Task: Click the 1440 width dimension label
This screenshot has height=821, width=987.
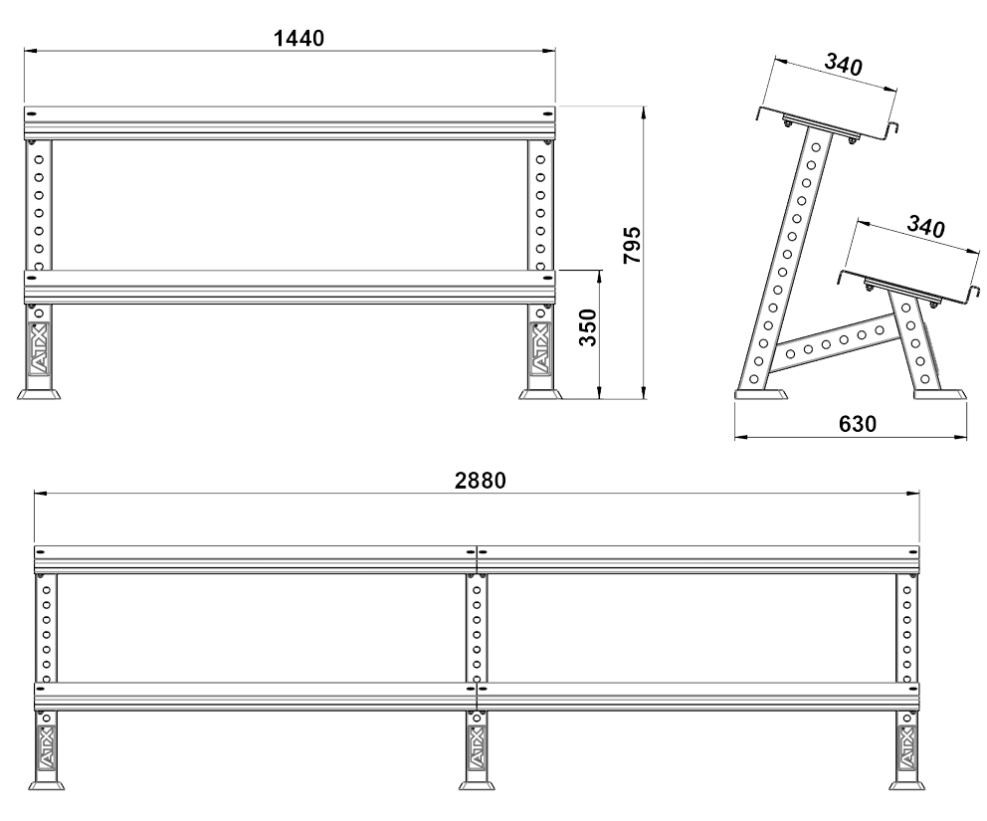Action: coord(299,39)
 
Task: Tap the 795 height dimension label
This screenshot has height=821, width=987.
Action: coord(632,246)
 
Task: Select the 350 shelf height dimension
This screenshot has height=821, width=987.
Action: coord(588,327)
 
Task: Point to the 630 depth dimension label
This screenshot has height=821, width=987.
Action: coord(858,424)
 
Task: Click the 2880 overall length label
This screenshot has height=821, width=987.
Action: coord(481,481)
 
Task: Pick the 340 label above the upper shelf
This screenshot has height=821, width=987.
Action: coord(843,65)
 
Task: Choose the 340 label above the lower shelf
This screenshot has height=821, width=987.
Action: coord(925,226)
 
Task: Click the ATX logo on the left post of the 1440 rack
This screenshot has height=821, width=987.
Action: coord(39,347)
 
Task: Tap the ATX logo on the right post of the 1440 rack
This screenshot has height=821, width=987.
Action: coord(540,347)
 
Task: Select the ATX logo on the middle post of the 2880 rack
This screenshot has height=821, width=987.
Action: coord(476,746)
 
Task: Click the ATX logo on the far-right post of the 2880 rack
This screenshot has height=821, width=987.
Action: coord(906,746)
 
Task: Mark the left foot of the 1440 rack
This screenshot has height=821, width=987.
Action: coord(39,394)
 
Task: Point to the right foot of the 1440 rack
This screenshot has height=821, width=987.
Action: coord(540,394)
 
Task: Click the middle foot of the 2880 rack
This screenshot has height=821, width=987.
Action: coord(477,785)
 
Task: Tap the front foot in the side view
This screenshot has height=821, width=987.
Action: coord(761,394)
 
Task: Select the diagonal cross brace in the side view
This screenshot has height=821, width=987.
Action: coord(833,345)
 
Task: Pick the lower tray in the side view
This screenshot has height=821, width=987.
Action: coord(909,289)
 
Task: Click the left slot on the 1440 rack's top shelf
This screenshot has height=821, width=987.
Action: coord(32,114)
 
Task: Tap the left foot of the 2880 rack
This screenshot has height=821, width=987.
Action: coord(46,785)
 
